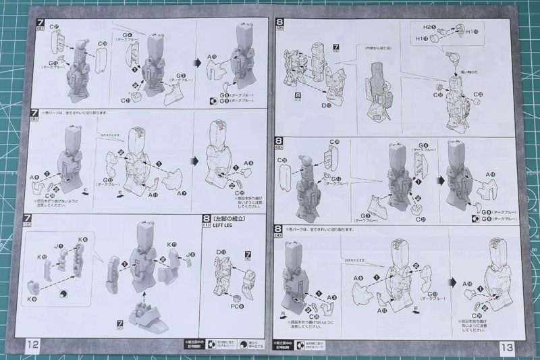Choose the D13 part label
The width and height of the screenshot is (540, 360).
point(327,105)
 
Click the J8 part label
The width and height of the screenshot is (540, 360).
point(191,254)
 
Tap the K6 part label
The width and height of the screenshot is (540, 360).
point(82,238)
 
